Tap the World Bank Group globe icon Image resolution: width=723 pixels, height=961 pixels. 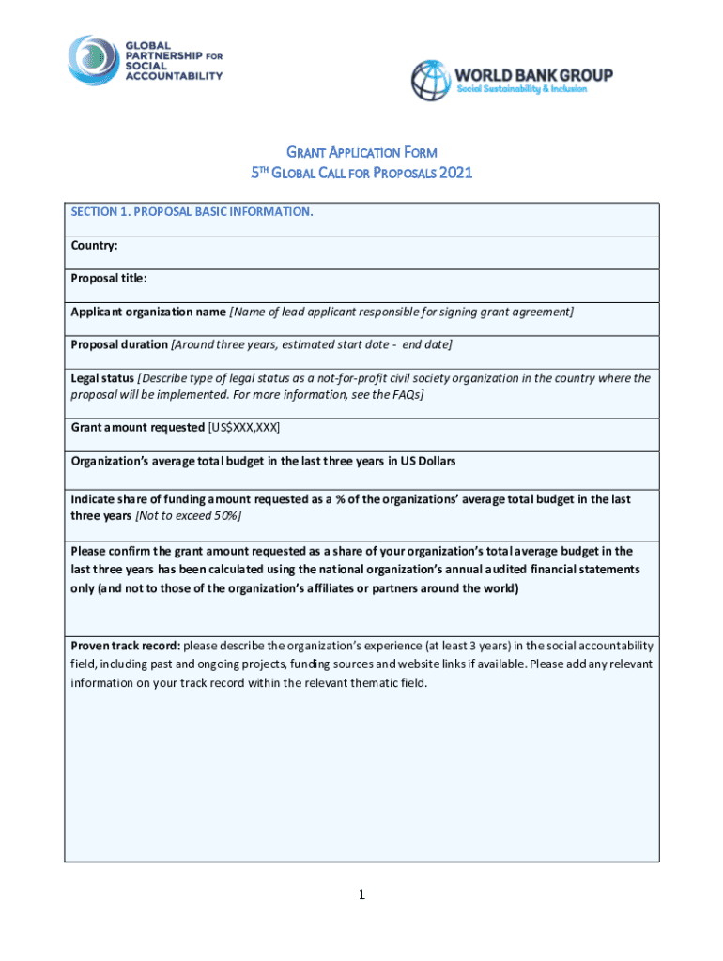[x=431, y=81]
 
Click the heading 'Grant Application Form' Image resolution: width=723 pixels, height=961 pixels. [x=361, y=152]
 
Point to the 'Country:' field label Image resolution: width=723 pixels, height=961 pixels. [x=94, y=246]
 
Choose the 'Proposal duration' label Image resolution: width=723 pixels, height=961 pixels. [x=119, y=344]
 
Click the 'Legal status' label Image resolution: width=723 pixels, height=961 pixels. [x=102, y=378]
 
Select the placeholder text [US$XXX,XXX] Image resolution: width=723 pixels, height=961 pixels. [x=243, y=428]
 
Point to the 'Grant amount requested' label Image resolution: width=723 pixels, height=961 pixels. [x=138, y=428]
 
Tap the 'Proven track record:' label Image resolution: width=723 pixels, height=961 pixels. [x=126, y=646]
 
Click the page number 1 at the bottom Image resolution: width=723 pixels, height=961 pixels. [x=361, y=895]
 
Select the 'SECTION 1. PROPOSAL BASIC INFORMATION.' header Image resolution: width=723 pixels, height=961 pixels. [x=192, y=212]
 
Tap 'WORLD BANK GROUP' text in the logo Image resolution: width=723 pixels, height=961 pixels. [x=533, y=74]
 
